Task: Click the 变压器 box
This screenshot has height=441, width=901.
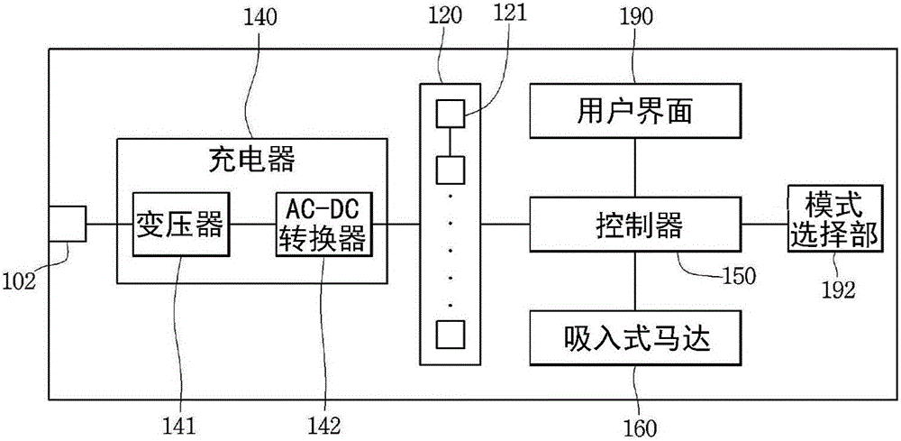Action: click(178, 224)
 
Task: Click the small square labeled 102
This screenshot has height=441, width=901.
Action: click(67, 224)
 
